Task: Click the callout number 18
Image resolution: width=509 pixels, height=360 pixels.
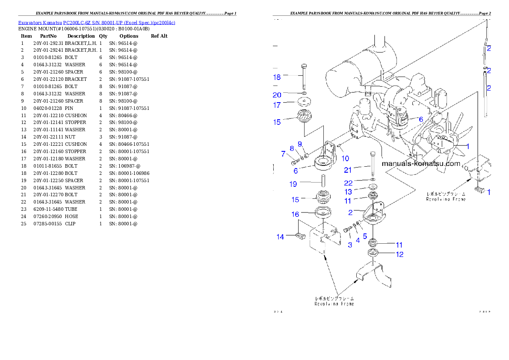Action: coord(277,77)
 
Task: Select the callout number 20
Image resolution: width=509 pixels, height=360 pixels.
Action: coord(277,95)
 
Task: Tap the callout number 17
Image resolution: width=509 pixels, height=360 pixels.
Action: coord(277,104)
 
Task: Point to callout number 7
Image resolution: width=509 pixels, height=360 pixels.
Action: coord(283,153)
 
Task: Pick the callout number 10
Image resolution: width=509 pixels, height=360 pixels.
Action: coord(345,159)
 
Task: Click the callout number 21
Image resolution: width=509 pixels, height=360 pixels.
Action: coord(348,170)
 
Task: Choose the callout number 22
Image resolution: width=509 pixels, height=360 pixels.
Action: coord(348,183)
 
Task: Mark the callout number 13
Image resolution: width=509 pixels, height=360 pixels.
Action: coord(348,192)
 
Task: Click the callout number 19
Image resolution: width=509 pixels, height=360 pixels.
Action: coord(293,184)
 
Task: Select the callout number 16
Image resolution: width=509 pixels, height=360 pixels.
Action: coord(295,215)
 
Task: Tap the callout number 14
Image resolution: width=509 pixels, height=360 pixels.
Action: coord(280,237)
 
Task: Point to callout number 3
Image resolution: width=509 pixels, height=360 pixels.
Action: coord(350,245)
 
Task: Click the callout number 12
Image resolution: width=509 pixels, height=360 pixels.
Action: coord(400,254)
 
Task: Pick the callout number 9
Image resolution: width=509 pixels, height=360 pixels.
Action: coord(299,144)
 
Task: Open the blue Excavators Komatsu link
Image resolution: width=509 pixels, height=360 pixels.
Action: coord(97,23)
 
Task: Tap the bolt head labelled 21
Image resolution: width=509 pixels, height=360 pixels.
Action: coord(373,154)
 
